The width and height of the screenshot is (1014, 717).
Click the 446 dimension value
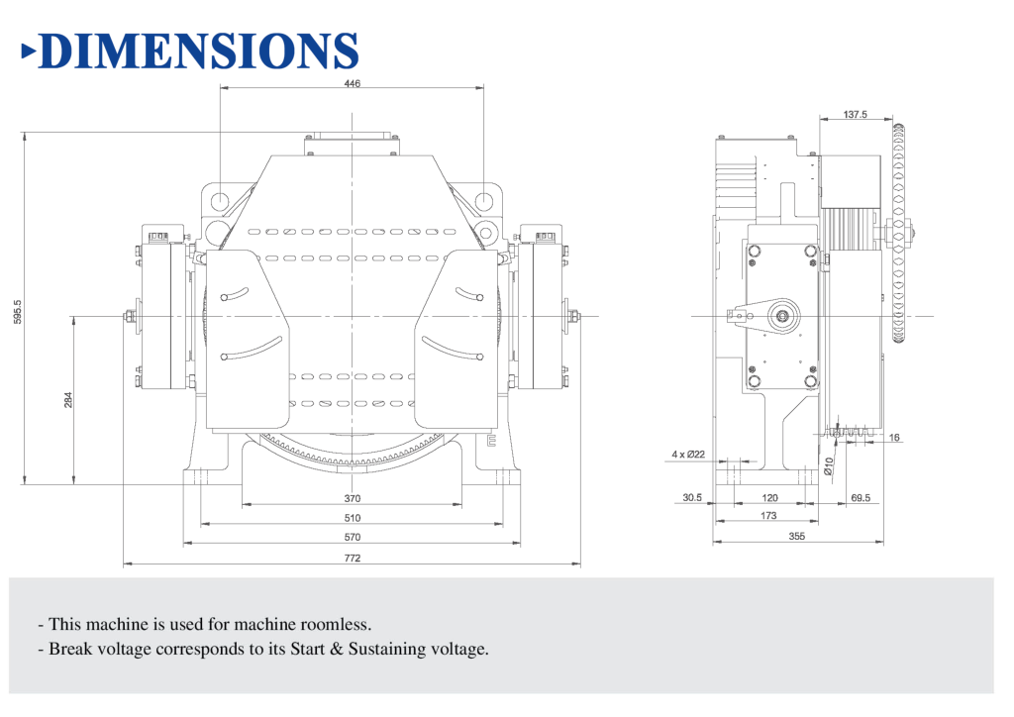pyautogui.click(x=352, y=83)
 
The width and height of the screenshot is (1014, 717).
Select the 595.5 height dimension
pyautogui.click(x=18, y=312)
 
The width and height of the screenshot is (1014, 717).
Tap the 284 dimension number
pyautogui.click(x=68, y=399)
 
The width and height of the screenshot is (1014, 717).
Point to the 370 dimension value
pyautogui.click(x=352, y=498)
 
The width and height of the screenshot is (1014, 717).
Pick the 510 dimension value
pyautogui.click(x=352, y=518)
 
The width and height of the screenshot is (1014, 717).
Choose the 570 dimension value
pyautogui.click(x=352, y=538)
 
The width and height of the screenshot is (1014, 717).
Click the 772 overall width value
pyautogui.click(x=352, y=558)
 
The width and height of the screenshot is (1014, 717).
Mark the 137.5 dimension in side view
pyautogui.click(x=855, y=115)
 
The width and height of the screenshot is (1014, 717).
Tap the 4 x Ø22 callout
pyautogui.click(x=688, y=455)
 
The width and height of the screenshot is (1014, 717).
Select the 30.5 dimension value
pyautogui.click(x=692, y=498)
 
